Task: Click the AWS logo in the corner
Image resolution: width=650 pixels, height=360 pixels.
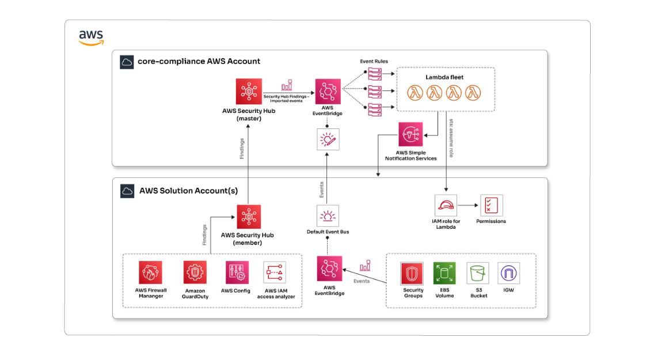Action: pyautogui.click(x=91, y=37)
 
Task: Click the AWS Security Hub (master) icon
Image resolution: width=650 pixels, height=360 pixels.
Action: pyautogui.click(x=249, y=92)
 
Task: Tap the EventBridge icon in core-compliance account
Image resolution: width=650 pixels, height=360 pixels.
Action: pyautogui.click(x=328, y=92)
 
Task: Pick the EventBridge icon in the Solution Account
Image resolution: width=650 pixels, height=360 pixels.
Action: pyautogui.click(x=329, y=269)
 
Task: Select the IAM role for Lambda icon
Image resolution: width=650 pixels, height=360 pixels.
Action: pyautogui.click(x=446, y=206)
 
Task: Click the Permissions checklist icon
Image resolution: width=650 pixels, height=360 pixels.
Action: pyautogui.click(x=491, y=206)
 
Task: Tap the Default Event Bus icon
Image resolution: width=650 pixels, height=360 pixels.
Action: pyautogui.click(x=328, y=216)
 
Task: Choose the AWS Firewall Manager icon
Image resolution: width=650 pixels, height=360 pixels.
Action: pyautogui.click(x=150, y=272)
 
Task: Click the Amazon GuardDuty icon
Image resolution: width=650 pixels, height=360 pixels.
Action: pyautogui.click(x=195, y=272)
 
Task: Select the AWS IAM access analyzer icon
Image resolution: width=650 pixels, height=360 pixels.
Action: pyautogui.click(x=275, y=272)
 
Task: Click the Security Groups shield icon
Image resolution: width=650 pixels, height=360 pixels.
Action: pyautogui.click(x=412, y=274)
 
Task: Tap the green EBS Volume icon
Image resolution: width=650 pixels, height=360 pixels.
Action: pyautogui.click(x=444, y=274)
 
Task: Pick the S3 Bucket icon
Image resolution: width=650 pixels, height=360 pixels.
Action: pyautogui.click(x=478, y=274)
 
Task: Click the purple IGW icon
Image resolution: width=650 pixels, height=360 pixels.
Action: pyautogui.click(x=509, y=274)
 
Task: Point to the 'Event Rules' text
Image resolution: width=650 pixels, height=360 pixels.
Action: pyautogui.click(x=374, y=61)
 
